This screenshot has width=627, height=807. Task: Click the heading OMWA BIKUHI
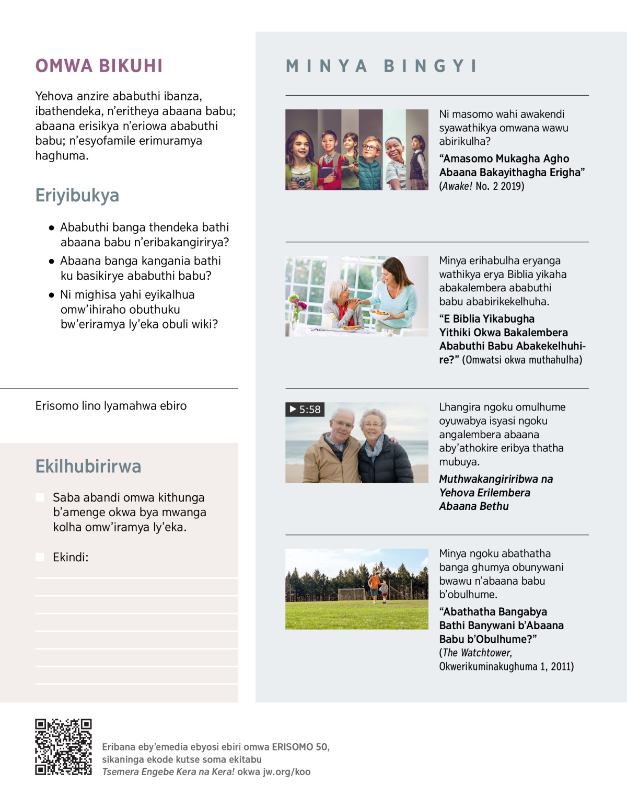[x=99, y=66]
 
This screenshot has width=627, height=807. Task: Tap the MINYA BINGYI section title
[x=381, y=66]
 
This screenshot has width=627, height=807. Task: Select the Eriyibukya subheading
[x=77, y=195]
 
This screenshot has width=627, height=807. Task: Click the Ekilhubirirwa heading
[x=88, y=466]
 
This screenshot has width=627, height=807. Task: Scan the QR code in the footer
[x=63, y=746]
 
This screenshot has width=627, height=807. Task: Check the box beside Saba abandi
[x=40, y=497]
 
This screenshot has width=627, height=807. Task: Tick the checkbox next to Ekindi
[x=40, y=557]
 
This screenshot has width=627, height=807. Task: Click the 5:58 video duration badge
[x=305, y=410]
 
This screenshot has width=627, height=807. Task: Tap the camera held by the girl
[x=300, y=181]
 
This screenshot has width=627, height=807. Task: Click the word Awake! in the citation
[x=457, y=186]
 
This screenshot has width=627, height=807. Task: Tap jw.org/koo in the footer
[x=285, y=771]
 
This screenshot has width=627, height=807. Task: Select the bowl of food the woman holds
[x=380, y=314]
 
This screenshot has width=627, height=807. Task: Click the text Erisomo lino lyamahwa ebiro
[x=111, y=406]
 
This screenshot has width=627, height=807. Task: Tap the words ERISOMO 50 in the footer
[x=300, y=747]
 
